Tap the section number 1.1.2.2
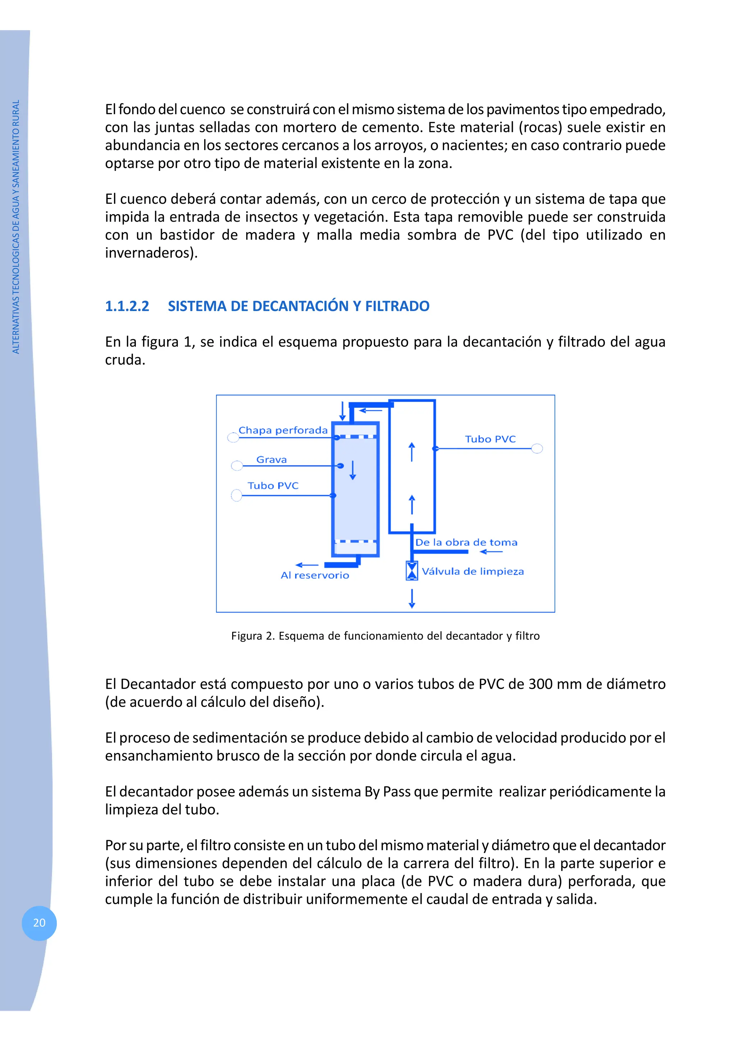127,306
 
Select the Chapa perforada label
283,430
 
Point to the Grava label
272,460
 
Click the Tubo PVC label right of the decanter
490,439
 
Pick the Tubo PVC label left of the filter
273,486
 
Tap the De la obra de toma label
466,543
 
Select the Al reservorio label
315,576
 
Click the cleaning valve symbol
412,571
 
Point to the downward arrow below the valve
412,598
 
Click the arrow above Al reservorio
307,565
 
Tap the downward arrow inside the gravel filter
353,470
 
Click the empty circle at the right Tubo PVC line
537,448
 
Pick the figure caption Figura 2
385,636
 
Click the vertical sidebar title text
16,227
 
